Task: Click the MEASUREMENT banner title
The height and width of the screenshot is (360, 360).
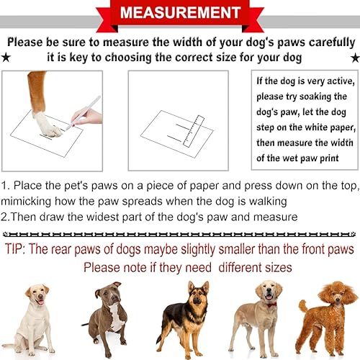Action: pyautogui.click(x=179, y=14)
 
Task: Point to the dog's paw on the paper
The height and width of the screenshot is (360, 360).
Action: pyautogui.click(x=48, y=126)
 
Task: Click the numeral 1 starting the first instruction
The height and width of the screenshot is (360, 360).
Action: pyautogui.click(x=4, y=185)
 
